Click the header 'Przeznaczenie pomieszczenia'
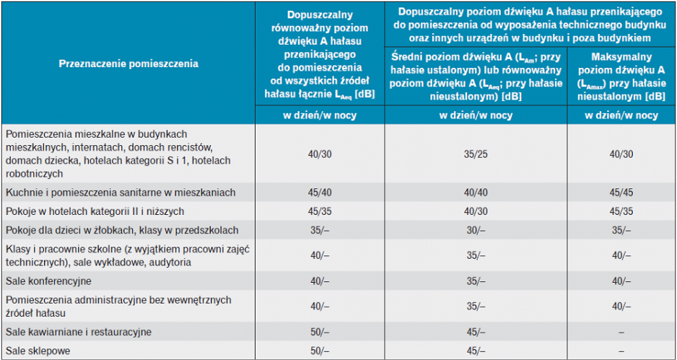(128, 64)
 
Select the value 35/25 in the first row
(476, 154)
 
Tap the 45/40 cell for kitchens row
(320, 193)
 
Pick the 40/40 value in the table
(476, 193)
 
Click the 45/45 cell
(621, 193)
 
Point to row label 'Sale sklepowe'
(38, 351)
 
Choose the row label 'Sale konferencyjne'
(49, 281)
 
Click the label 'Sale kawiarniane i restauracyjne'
(79, 332)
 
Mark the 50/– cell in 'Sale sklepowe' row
(320, 351)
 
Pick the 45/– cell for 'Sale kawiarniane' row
(476, 332)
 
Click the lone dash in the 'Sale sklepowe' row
(621, 351)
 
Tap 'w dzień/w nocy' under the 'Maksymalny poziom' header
(621, 115)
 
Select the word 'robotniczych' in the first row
(34, 174)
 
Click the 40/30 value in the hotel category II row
(476, 211)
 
